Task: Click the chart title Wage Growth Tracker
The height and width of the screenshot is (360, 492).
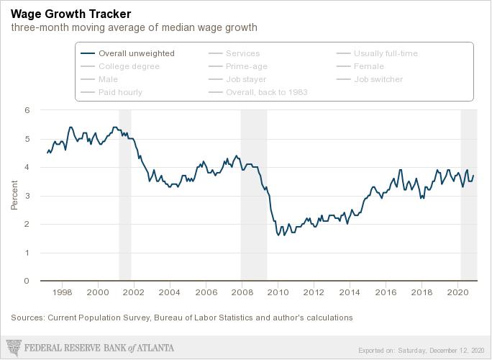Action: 71,14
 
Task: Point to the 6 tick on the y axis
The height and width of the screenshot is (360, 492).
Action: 27,110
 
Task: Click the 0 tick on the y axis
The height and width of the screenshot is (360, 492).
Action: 27,281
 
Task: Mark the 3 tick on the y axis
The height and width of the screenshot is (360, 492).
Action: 27,196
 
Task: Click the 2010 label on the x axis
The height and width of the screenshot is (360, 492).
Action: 278,292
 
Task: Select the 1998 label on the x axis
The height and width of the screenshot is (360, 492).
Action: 62,292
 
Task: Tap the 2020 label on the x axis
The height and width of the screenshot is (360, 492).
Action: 457,292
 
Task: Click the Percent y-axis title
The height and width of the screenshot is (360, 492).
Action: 14,195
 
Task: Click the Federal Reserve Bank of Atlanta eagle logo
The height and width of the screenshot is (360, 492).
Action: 14,348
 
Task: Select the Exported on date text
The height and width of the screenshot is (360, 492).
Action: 421,350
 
